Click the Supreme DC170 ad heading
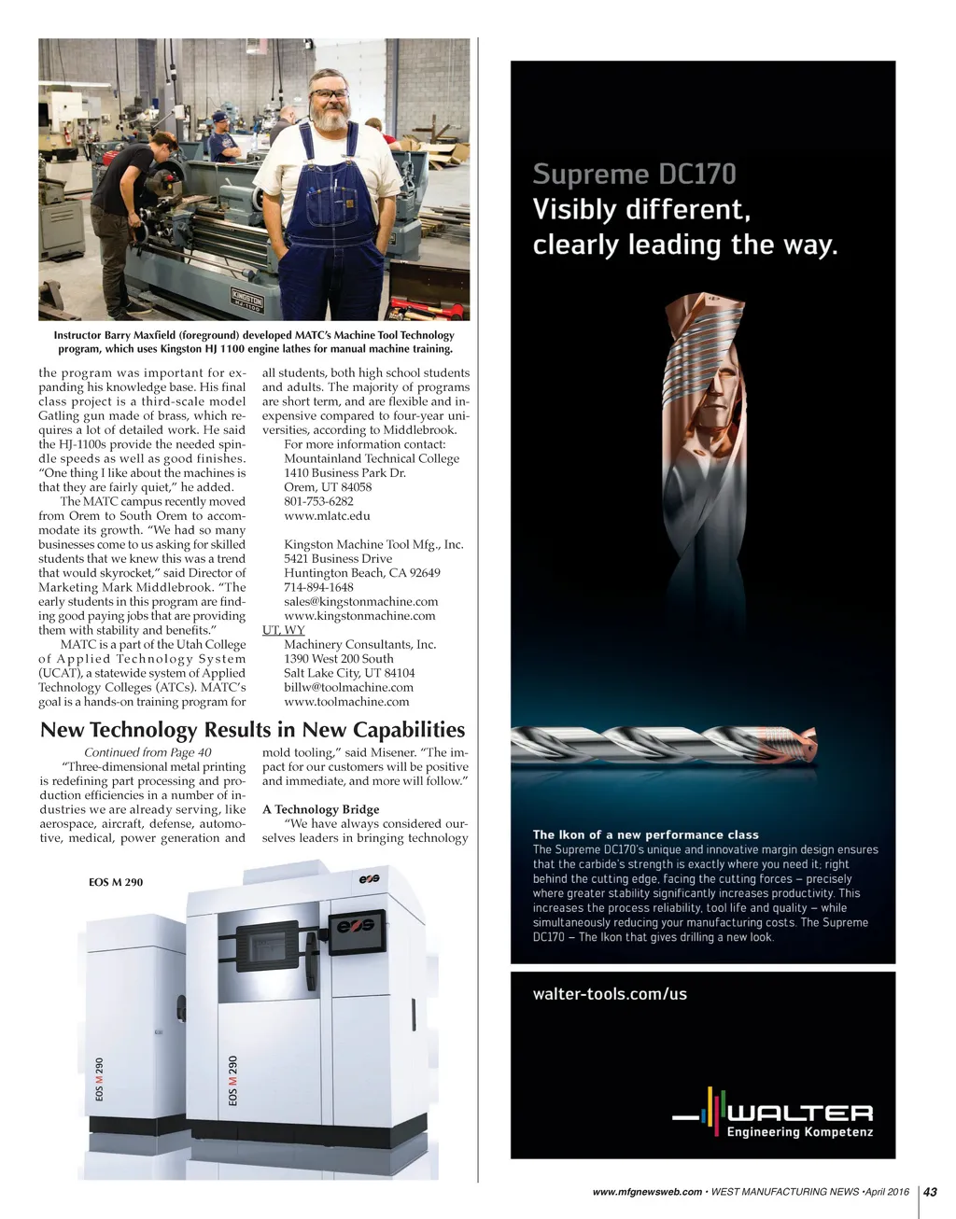pyautogui.click(x=634, y=175)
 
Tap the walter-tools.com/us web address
pyautogui.click(x=610, y=994)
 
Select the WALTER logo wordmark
pyautogui.click(x=800, y=1113)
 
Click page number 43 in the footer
pyautogui.click(x=930, y=1191)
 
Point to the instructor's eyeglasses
pyautogui.click(x=331, y=93)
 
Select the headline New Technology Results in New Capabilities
pyautogui.click(x=252, y=730)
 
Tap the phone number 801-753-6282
pyautogui.click(x=318, y=501)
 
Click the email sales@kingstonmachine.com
pyautogui.click(x=360, y=601)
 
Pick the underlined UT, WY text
pyautogui.click(x=283, y=630)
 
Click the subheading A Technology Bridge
pyautogui.click(x=320, y=809)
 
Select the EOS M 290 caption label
pyautogui.click(x=116, y=882)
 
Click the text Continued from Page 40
pyautogui.click(x=148, y=752)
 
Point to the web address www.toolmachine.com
pyautogui.click(x=346, y=701)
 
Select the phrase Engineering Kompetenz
pyautogui.click(x=800, y=1132)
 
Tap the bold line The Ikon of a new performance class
pyautogui.click(x=645, y=834)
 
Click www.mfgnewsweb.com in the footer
pyautogui.click(x=647, y=1192)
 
